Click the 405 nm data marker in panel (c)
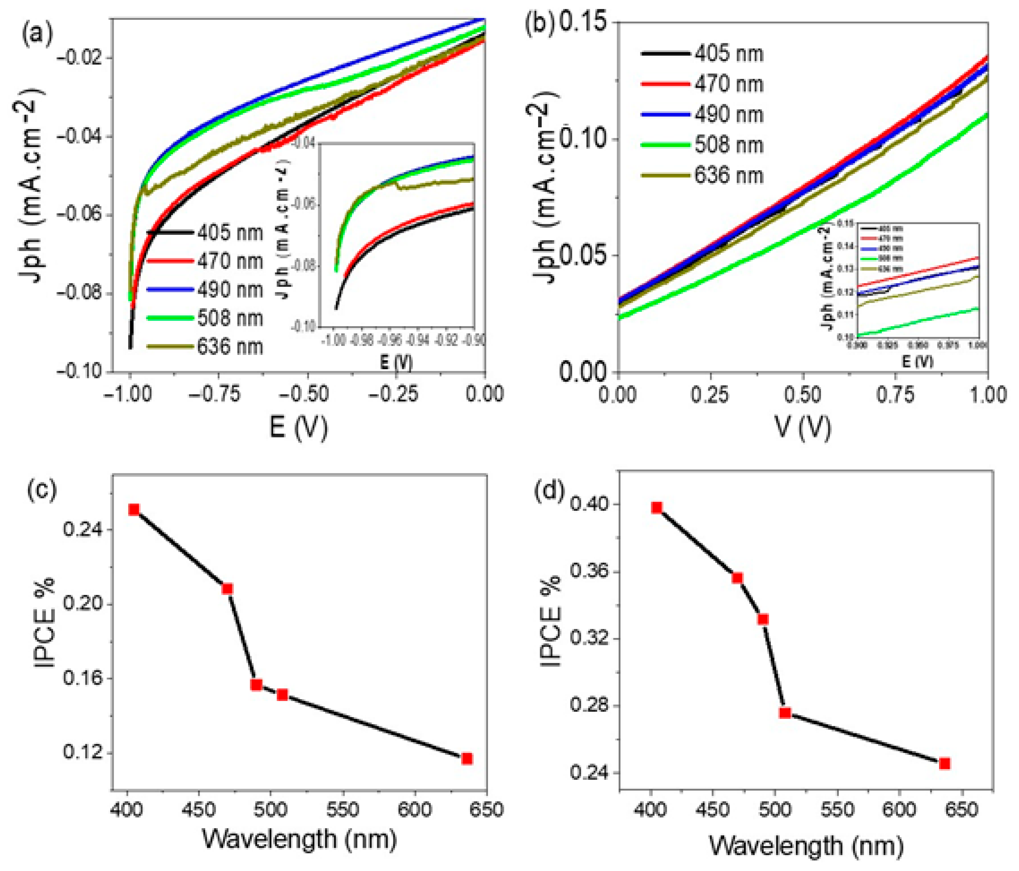(x=134, y=509)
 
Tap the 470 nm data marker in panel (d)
(x=737, y=578)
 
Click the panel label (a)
(x=37, y=34)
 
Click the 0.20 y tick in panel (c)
(x=82, y=604)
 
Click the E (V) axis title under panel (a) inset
(x=396, y=363)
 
